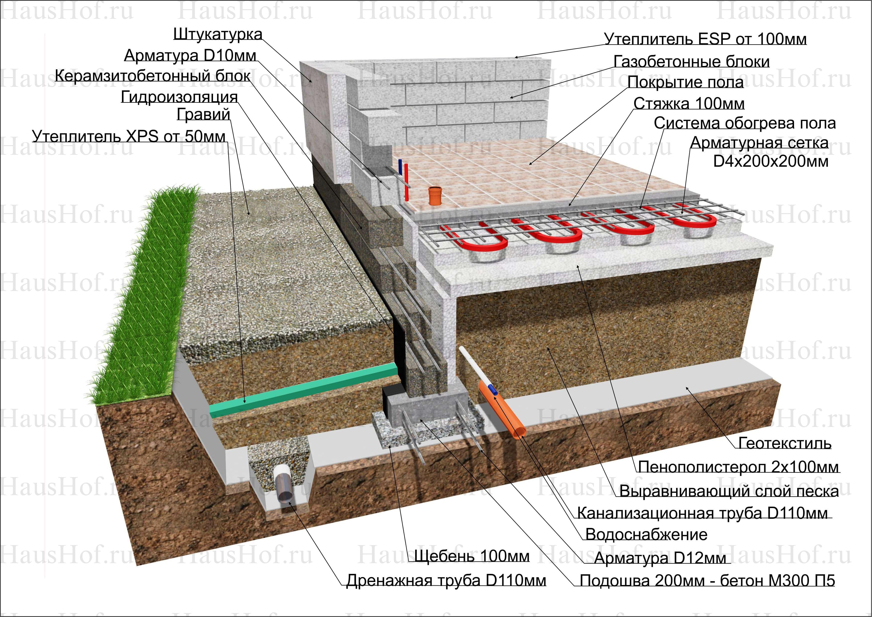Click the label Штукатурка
point(218,34)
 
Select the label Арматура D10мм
point(190,56)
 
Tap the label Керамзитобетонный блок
point(152,76)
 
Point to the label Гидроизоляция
point(179,97)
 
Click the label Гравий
point(203,114)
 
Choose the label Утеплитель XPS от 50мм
point(128,136)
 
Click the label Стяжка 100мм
point(689,103)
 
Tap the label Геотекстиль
point(785,443)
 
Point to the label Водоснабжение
point(646,534)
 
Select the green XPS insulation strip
point(304,391)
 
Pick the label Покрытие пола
point(685,82)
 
